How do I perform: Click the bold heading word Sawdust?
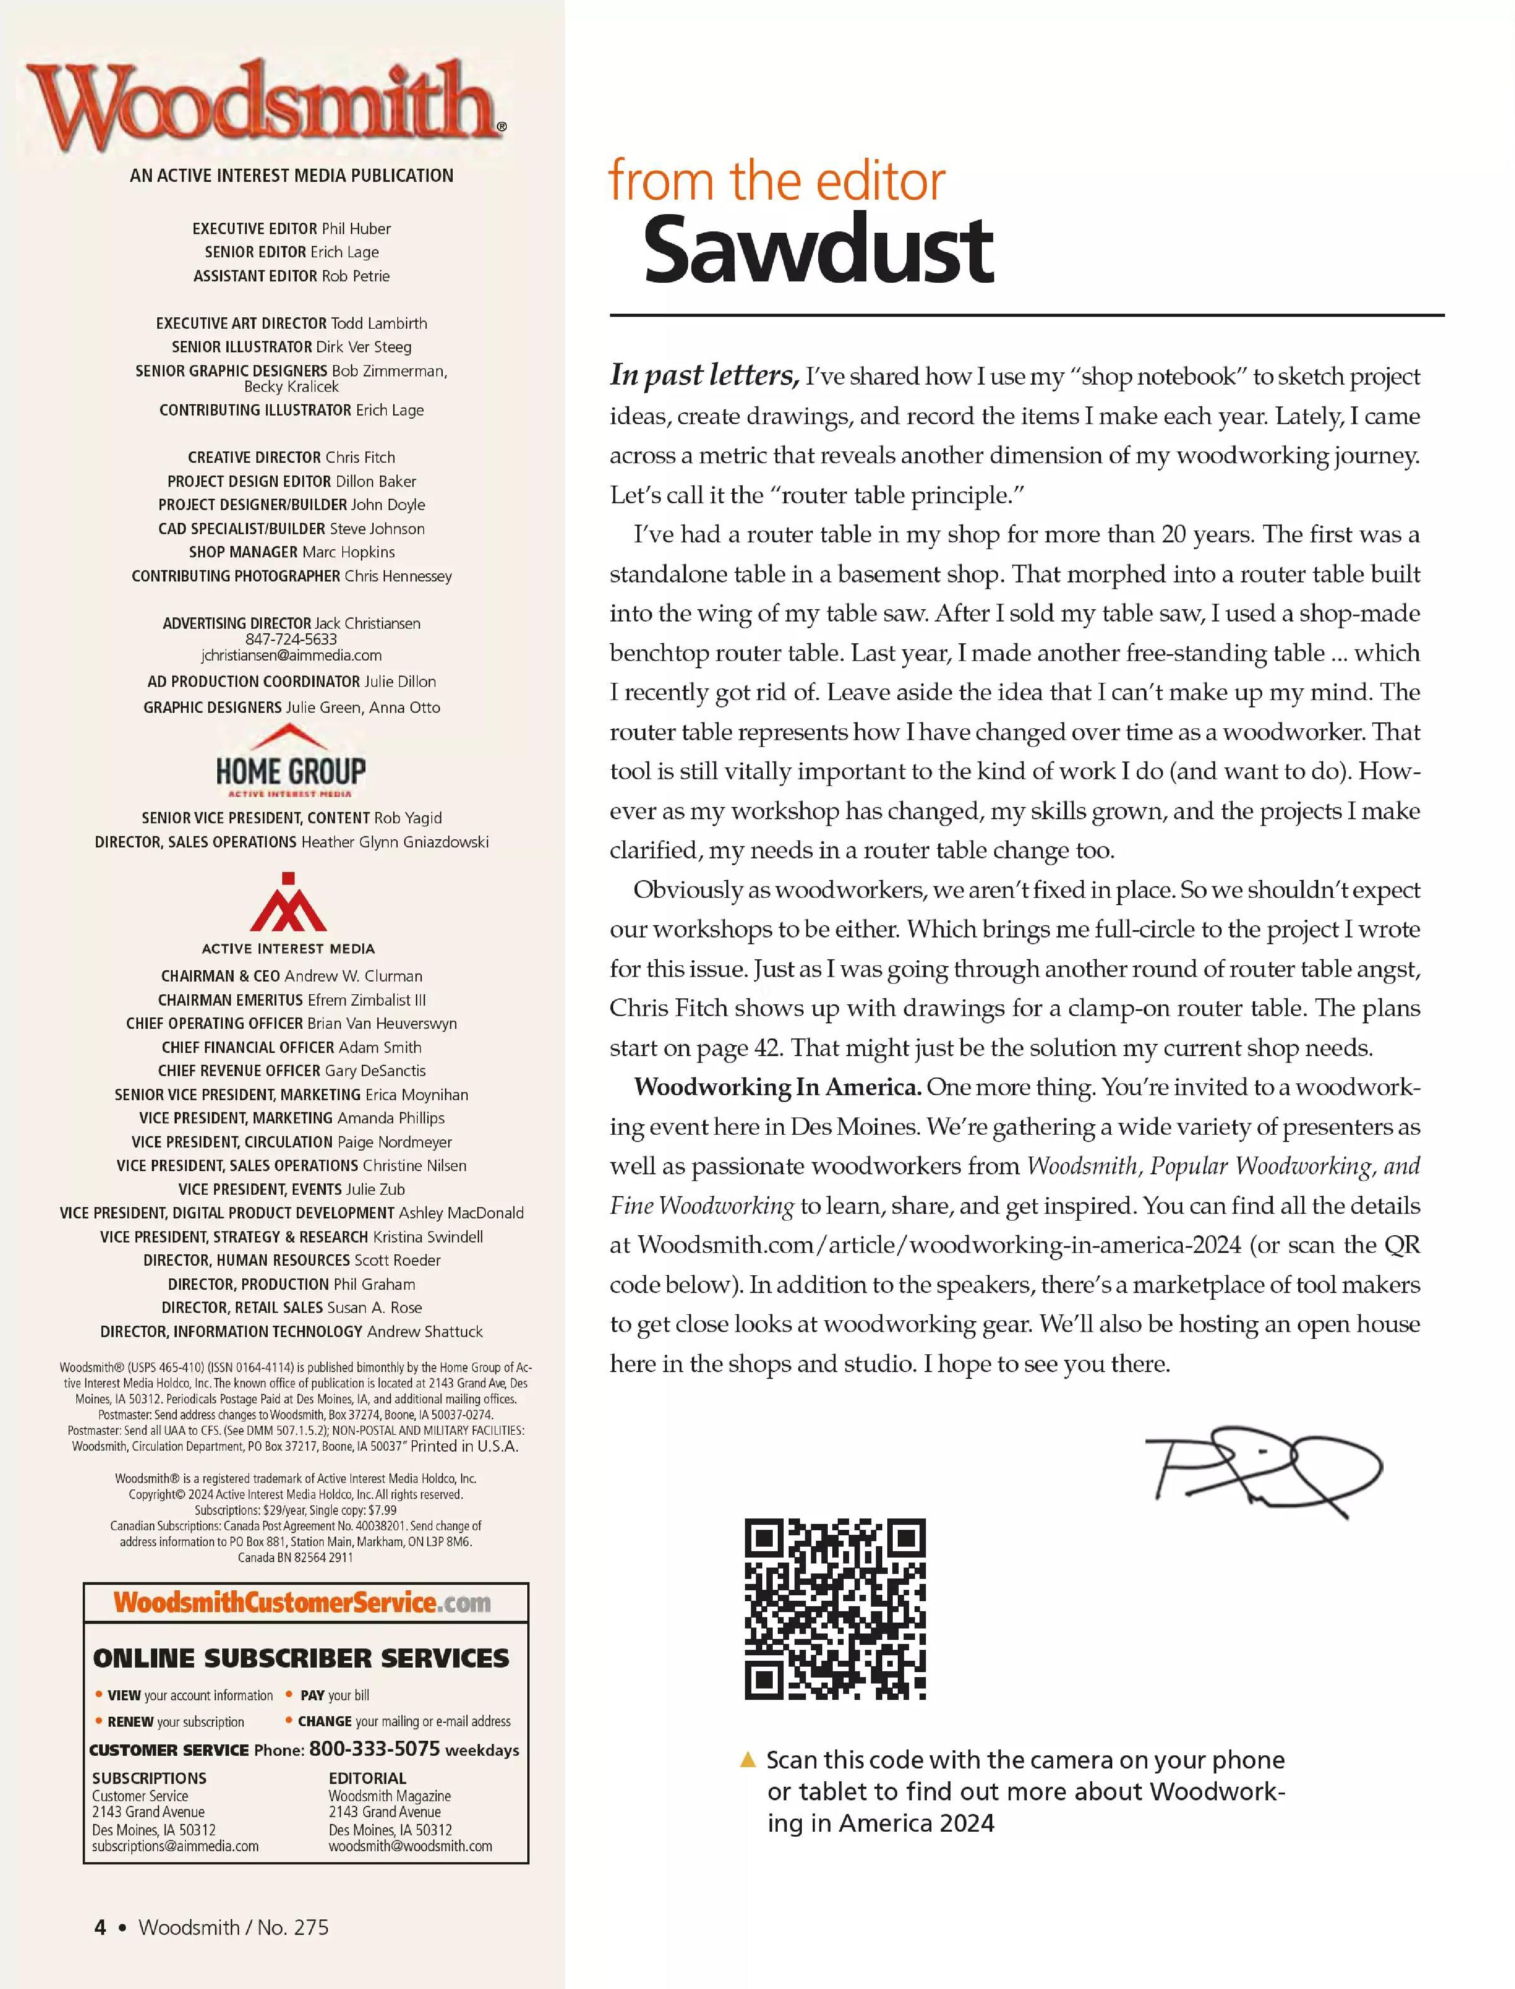click(x=818, y=249)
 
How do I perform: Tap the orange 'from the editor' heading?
click(x=776, y=181)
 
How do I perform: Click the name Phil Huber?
click(x=356, y=228)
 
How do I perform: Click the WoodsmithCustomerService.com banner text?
click(x=302, y=1603)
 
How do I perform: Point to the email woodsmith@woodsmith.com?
click(x=410, y=1846)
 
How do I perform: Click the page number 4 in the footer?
click(x=100, y=1927)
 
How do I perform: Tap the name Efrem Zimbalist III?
click(x=367, y=999)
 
